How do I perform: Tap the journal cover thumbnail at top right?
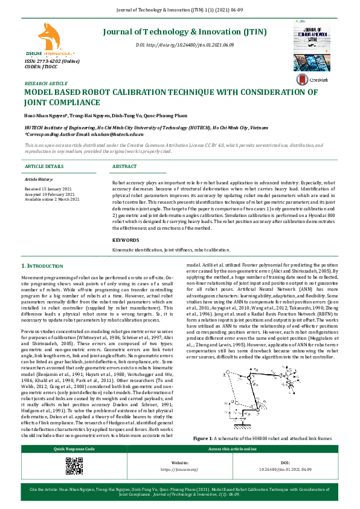click(313, 43)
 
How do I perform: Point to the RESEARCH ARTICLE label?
click(46, 83)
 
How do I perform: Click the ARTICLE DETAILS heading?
click(44, 166)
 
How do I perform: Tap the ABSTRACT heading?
click(125, 166)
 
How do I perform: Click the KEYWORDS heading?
click(126, 240)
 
